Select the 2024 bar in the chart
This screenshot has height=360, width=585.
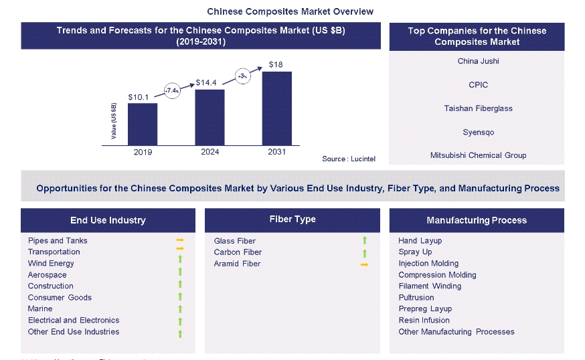point(210,117)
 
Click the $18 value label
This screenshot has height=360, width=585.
point(276,64)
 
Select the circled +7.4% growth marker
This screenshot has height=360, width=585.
point(172,90)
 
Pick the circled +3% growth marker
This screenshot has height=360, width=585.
point(242,76)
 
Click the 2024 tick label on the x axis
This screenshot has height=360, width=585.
point(210,152)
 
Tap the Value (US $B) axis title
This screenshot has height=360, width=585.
point(114,121)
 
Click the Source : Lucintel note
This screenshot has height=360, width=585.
point(348,159)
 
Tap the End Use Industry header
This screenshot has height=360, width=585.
point(108,220)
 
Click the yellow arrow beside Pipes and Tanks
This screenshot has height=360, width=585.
point(179,240)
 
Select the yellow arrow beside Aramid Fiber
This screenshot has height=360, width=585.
point(364,264)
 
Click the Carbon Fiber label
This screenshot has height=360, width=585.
point(238,252)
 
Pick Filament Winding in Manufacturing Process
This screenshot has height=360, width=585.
point(430,286)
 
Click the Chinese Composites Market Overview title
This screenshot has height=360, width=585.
point(290,11)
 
